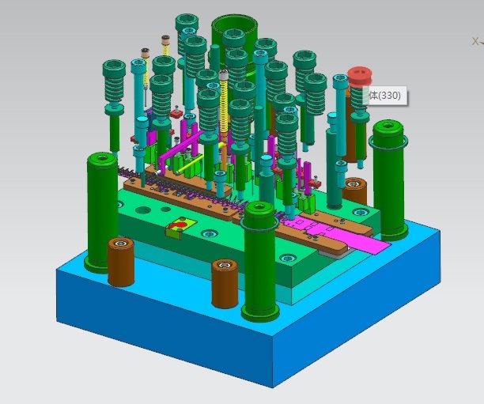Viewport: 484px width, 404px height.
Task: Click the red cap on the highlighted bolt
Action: (359, 76)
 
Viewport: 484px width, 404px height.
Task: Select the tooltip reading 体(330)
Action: (386, 96)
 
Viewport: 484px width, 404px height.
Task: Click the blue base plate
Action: (247, 324)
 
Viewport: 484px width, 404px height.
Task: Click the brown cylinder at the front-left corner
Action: (121, 262)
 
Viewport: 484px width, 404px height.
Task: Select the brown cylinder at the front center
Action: (225, 283)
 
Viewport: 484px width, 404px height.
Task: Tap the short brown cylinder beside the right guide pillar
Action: (354, 191)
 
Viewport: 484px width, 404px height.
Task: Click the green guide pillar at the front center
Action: (260, 262)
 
